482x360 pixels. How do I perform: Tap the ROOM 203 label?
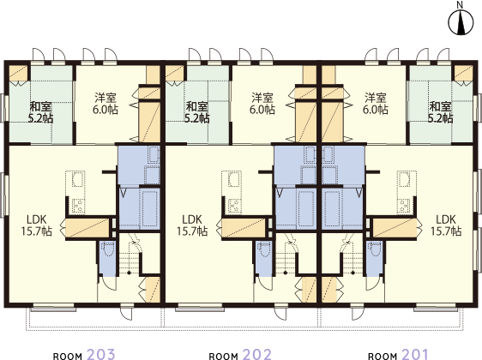tap(84, 354)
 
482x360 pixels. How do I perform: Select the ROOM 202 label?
tap(240, 354)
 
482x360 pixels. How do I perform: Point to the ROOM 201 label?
tap(398, 354)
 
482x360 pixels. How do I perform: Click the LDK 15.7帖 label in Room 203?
tap(36, 225)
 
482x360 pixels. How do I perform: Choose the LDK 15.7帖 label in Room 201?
tap(446, 225)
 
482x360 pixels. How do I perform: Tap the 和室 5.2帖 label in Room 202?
tap(196, 112)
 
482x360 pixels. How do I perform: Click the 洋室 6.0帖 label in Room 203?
tap(105, 104)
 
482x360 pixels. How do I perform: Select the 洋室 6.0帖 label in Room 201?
tap(376, 104)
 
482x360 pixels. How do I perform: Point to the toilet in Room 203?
tap(108, 249)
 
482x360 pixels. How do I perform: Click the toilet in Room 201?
tap(375, 249)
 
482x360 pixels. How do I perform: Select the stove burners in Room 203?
tap(78, 205)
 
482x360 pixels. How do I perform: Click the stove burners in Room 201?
tap(404, 205)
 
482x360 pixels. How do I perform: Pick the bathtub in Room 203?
tap(149, 208)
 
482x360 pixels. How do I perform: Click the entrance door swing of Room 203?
tap(126, 313)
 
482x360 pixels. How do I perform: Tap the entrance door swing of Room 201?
tap(357, 313)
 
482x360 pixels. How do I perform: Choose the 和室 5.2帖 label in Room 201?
tap(441, 112)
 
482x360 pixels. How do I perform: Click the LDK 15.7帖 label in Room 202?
tap(192, 225)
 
